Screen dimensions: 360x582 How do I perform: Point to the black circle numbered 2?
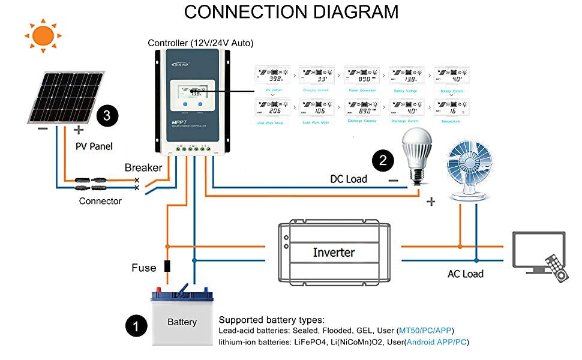[383, 160]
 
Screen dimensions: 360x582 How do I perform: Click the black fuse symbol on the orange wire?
[167, 267]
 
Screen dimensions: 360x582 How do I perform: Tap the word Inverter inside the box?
[334, 253]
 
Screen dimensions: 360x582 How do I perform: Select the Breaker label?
[143, 168]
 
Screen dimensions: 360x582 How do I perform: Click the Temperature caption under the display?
[450, 122]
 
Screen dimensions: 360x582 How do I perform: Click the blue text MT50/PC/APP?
[425, 331]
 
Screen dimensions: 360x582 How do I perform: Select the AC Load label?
[465, 274]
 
